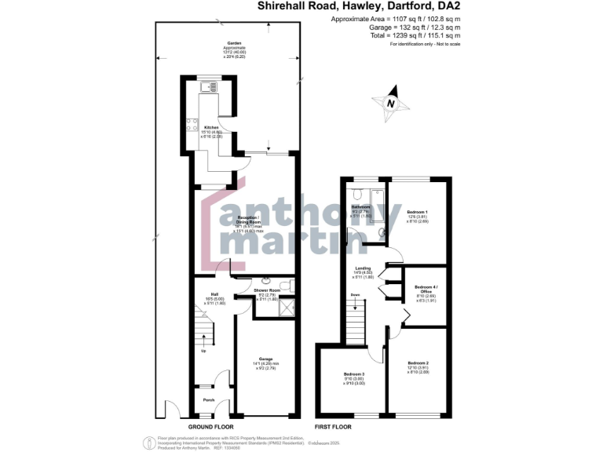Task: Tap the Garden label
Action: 234,43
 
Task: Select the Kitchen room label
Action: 211,127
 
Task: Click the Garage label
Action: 265,359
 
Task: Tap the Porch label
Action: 208,400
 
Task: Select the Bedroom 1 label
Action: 417,213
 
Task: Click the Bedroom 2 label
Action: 417,363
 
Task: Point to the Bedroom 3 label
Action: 354,374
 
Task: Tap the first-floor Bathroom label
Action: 360,206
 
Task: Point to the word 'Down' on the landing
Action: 355,296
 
